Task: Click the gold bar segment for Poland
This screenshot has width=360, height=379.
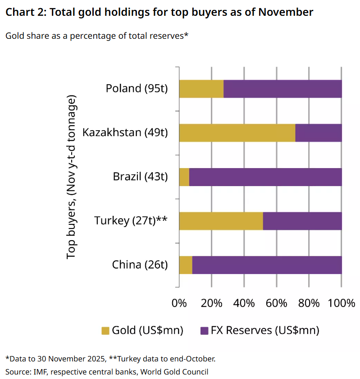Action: point(201,88)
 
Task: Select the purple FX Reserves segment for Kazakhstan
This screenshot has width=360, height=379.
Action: point(318,132)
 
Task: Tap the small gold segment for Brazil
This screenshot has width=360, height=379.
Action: point(184,177)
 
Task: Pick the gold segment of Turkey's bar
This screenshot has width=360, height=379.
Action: point(221,221)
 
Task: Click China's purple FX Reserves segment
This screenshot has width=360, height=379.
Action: point(267,265)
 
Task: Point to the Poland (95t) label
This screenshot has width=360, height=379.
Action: point(137,88)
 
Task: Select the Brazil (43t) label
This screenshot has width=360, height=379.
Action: point(140,177)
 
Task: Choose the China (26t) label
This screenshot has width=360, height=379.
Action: point(140,265)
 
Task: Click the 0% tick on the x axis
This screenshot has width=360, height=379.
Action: point(179,303)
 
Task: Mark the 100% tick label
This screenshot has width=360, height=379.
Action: point(341,303)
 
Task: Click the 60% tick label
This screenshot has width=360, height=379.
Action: point(276,303)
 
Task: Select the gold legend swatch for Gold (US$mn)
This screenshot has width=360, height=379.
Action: point(105,330)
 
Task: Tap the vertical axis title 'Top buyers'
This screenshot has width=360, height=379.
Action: point(72,177)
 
